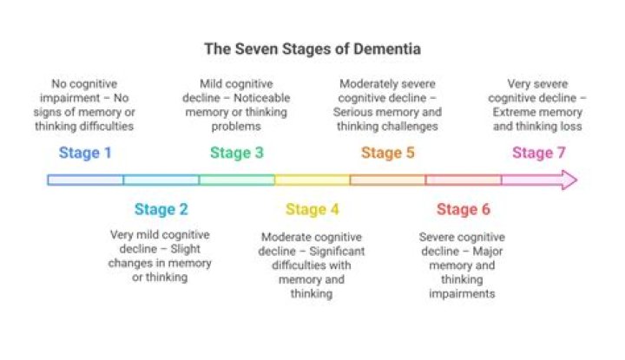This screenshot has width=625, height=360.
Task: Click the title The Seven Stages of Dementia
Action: pos(312,49)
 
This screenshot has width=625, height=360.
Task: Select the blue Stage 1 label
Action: pos(85,154)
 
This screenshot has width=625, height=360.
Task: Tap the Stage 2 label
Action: pos(161,209)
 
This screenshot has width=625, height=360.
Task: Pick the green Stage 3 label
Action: pos(236,154)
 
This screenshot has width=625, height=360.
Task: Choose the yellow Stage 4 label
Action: pos(312,209)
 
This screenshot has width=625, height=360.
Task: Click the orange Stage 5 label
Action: pos(387,154)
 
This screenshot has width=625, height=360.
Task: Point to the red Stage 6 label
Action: pos(463,209)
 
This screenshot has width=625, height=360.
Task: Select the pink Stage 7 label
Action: pos(538,154)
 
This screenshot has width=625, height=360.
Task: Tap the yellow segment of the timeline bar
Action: pos(312,180)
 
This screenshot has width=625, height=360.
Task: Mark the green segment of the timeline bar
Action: pos(237,180)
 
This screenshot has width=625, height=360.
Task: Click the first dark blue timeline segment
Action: pos(85,180)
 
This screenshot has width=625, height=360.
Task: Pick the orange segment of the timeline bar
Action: pos(388,180)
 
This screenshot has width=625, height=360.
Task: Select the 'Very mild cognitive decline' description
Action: pos(161,256)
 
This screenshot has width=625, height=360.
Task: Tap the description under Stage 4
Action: pos(312,265)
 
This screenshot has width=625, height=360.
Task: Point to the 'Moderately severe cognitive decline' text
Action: pos(389,104)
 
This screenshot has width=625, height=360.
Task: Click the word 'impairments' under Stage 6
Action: pos(462,294)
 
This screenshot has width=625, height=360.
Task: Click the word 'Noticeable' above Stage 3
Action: pos(260,98)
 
